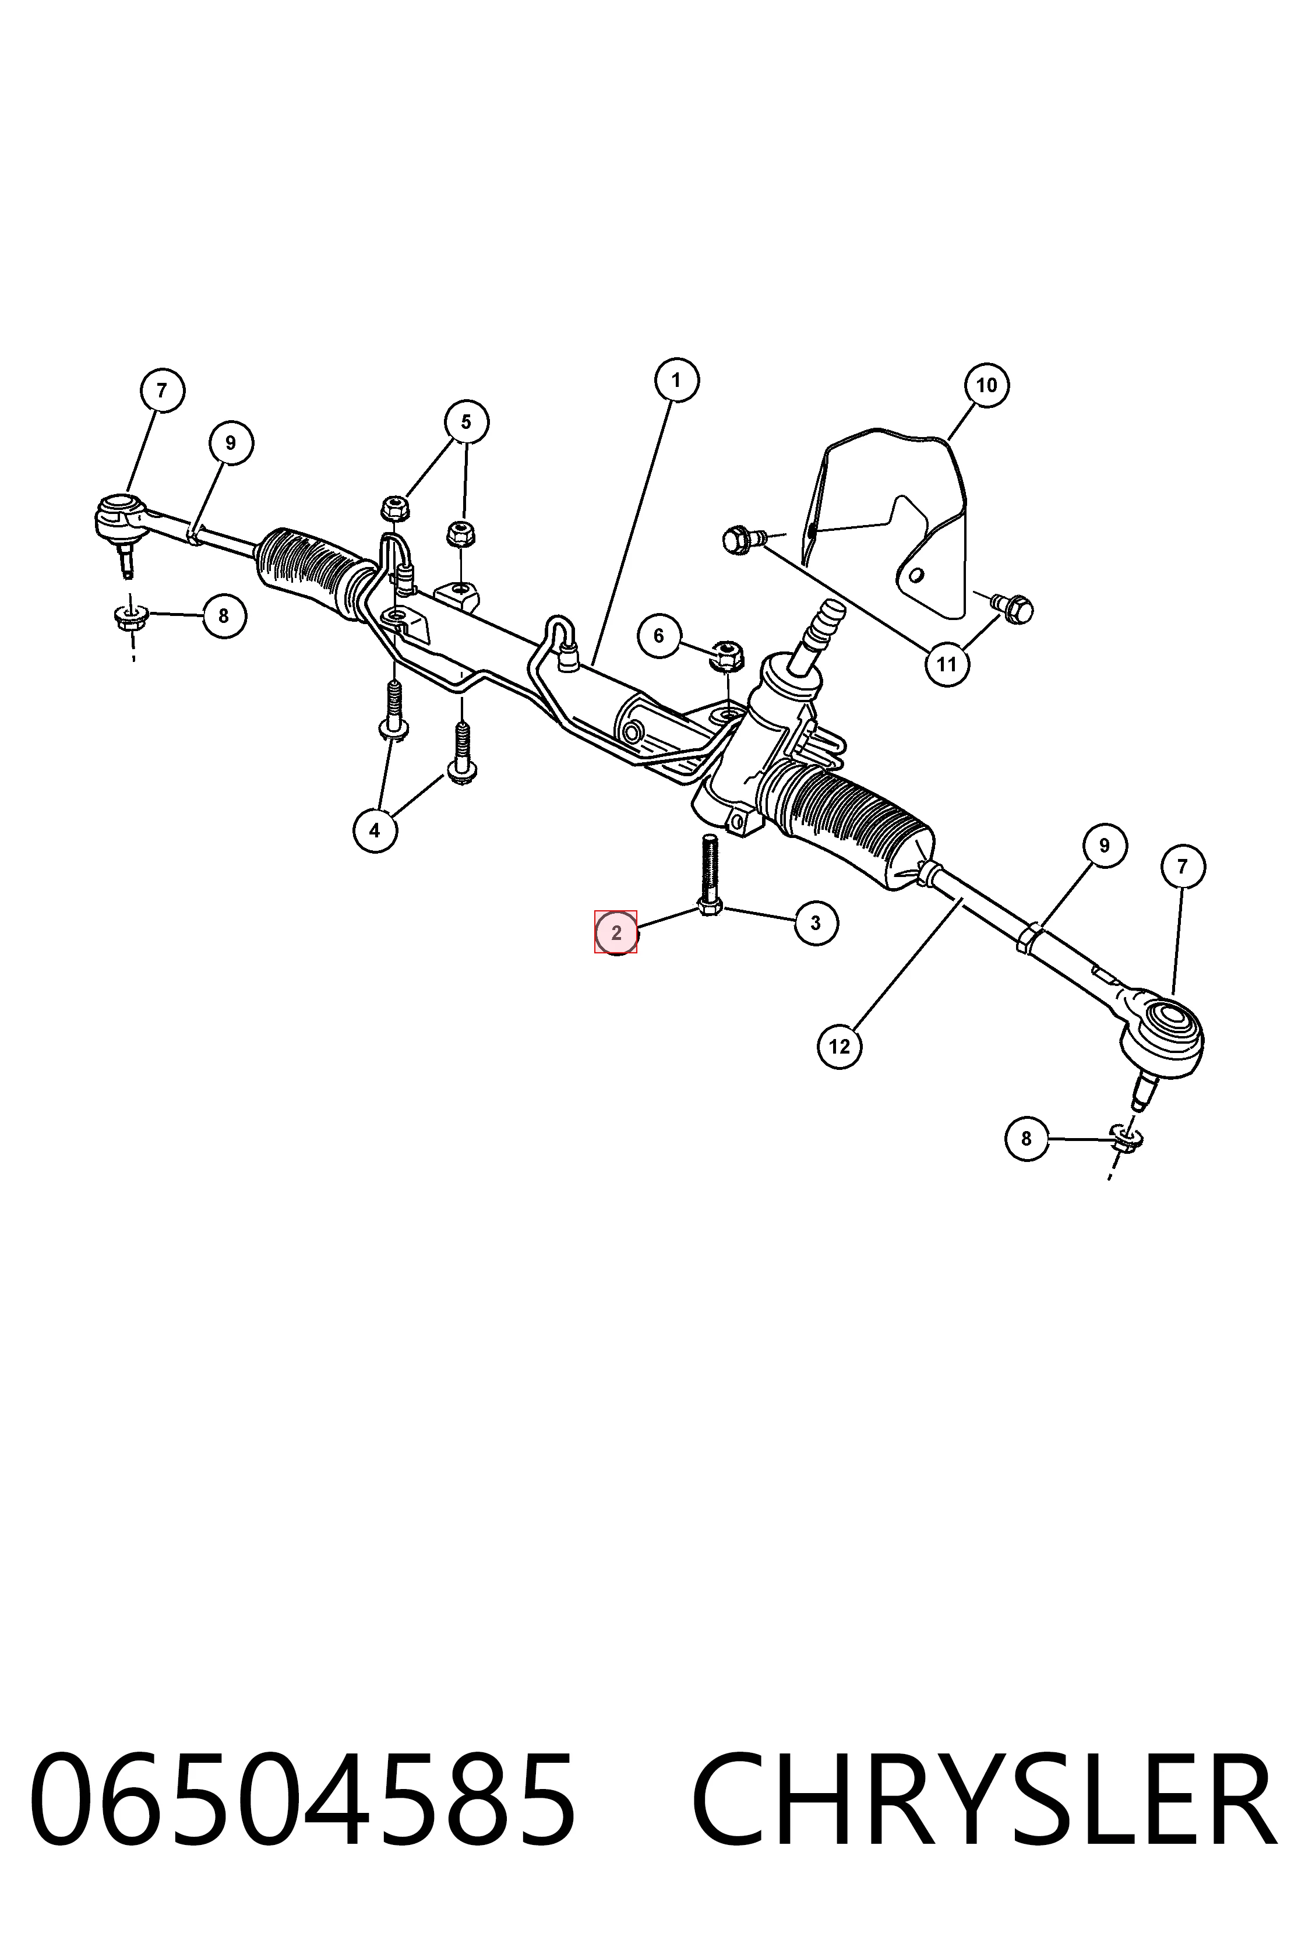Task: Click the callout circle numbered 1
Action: pyautogui.click(x=676, y=381)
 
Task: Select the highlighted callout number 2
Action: pyautogui.click(x=616, y=932)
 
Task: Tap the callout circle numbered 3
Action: pyautogui.click(x=816, y=922)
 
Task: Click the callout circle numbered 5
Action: pyautogui.click(x=466, y=422)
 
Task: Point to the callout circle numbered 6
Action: pyautogui.click(x=659, y=636)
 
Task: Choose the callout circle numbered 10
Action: pyautogui.click(x=986, y=385)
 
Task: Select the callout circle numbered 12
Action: pyautogui.click(x=840, y=1047)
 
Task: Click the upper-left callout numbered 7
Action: pyautogui.click(x=161, y=390)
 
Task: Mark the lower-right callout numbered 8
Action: pyautogui.click(x=1026, y=1138)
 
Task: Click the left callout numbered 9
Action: pyautogui.click(x=231, y=443)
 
